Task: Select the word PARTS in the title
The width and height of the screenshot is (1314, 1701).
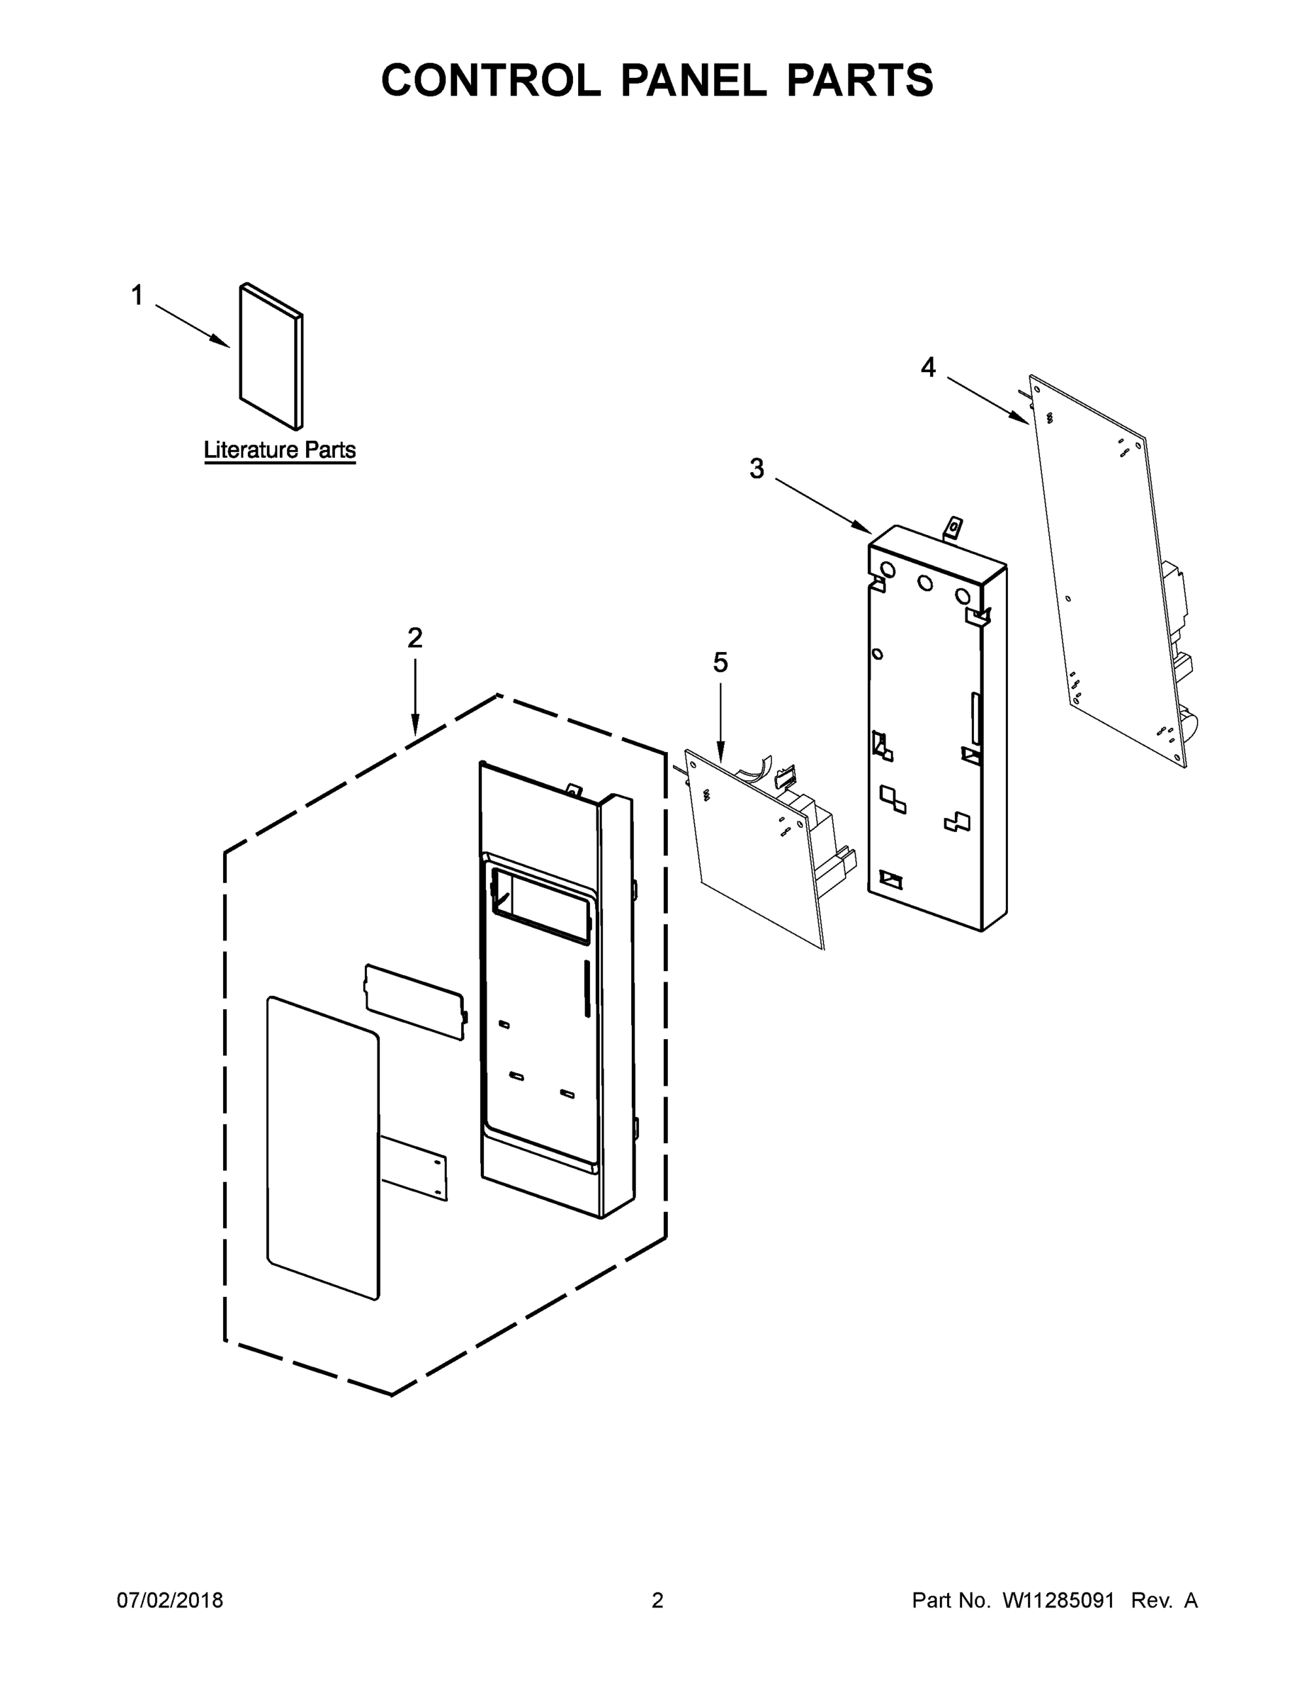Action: point(859,80)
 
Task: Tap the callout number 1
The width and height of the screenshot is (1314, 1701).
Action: point(137,296)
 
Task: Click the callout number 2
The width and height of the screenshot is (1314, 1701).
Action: point(415,639)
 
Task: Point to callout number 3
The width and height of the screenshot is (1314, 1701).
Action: point(757,469)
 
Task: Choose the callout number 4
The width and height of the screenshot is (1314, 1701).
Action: point(928,368)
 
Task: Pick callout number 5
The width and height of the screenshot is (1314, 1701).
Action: point(720,663)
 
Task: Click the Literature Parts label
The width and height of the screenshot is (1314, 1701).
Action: point(280,450)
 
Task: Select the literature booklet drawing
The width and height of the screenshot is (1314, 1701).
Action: point(270,356)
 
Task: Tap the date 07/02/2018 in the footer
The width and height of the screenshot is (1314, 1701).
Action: point(170,1600)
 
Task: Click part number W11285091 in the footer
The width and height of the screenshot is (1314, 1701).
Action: point(1058,1600)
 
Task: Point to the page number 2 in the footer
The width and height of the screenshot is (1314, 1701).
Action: point(657,1600)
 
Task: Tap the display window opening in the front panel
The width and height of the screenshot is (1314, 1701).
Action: point(538,896)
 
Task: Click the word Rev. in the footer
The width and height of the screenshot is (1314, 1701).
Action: point(1150,1600)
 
